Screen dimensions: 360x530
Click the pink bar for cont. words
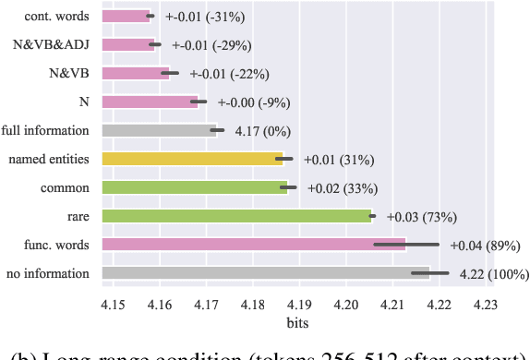click(125, 16)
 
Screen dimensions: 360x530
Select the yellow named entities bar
click(192, 159)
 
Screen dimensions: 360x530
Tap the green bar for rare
click(236, 216)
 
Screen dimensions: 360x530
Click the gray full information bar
click(159, 130)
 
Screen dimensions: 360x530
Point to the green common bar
click(195, 187)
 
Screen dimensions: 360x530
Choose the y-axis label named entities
click(49, 159)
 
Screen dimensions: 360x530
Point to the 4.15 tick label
click(113, 304)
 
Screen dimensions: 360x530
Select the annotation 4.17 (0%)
click(259, 130)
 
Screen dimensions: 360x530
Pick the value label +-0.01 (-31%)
click(204, 16)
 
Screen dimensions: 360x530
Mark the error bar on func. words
click(406, 245)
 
